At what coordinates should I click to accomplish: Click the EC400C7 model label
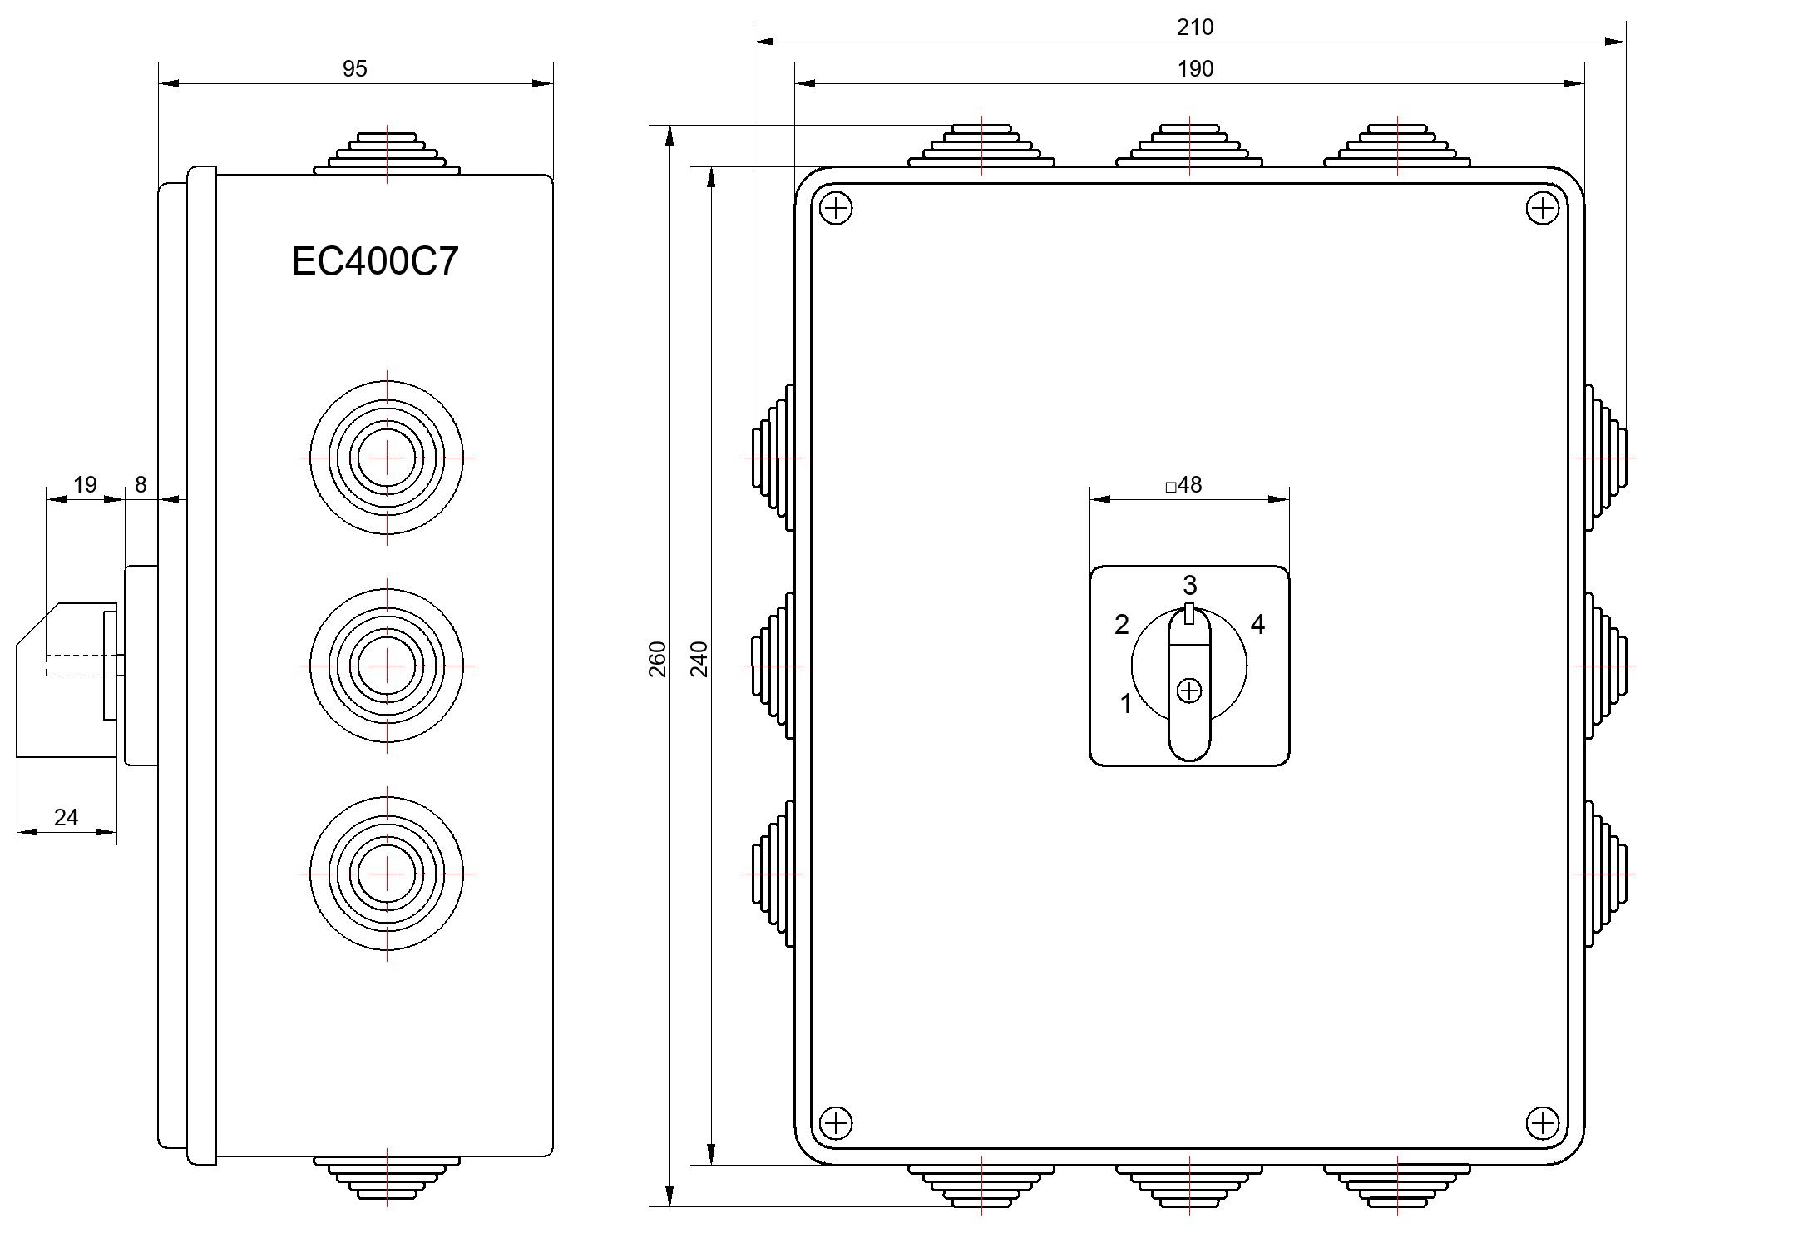pos(375,261)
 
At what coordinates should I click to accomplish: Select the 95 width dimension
pos(355,69)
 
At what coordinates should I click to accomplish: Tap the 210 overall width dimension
pos(1195,27)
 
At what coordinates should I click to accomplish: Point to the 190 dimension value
pos(1195,69)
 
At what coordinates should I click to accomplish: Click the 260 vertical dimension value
pos(658,659)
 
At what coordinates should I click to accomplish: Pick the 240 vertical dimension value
pos(699,659)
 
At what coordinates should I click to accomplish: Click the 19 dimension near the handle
pos(85,484)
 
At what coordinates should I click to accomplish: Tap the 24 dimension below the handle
pos(66,817)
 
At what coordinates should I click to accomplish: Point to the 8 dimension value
pos(141,484)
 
